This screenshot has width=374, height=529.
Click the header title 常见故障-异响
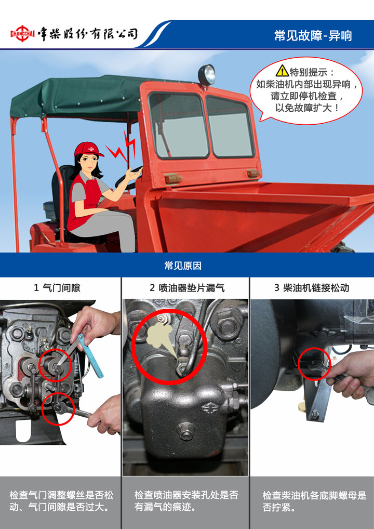pyautogui.click(x=313, y=35)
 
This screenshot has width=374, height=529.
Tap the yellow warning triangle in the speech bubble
pyautogui.click(x=282, y=71)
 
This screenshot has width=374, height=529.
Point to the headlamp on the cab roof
pyautogui.click(x=206, y=74)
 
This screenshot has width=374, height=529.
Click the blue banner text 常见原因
pyautogui.click(x=183, y=266)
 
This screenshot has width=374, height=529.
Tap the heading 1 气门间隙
pyautogui.click(x=57, y=288)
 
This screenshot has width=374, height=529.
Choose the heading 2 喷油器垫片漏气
pyautogui.click(x=187, y=288)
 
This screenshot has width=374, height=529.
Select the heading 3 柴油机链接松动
pyautogui.click(x=312, y=288)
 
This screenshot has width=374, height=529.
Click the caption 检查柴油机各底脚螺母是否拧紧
pyautogui.click(x=314, y=501)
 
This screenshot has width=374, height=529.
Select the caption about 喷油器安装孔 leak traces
pyautogui.click(x=186, y=500)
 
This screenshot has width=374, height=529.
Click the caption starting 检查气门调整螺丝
pyautogui.click(x=61, y=500)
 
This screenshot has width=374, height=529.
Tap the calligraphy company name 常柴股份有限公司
pyautogui.click(x=88, y=34)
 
